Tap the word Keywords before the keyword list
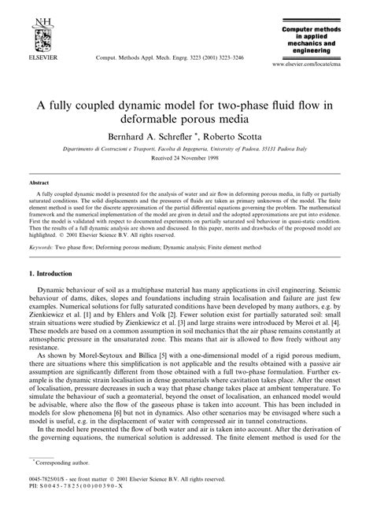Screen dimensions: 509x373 (40, 246)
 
